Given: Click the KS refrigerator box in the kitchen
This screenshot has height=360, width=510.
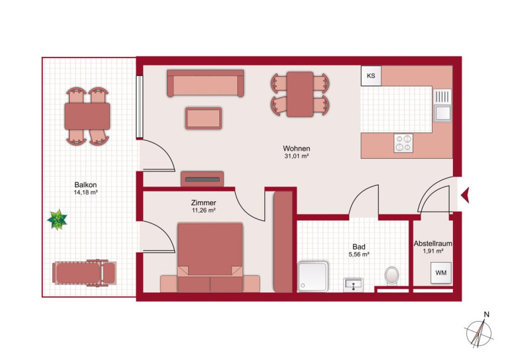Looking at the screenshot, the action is point(371,75).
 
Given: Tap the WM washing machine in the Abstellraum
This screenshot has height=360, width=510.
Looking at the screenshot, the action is point(440,273).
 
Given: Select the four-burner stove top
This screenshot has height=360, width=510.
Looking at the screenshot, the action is point(403,144).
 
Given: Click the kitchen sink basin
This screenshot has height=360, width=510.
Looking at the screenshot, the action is point(442,113).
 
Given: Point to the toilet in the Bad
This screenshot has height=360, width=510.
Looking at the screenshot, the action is point(391,275).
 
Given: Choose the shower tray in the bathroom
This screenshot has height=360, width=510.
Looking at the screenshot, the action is point(313,277).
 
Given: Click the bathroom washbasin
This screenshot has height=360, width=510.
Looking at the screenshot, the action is point(353,285).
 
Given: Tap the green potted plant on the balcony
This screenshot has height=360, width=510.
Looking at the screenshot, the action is point(57,220).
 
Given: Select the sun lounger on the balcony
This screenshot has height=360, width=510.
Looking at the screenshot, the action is point(84,273).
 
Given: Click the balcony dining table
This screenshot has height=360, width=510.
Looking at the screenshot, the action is point(87,116).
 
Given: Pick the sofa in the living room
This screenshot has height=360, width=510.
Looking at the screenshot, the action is point(205,83).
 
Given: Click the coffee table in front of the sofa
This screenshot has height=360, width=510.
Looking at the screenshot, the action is point(203,118).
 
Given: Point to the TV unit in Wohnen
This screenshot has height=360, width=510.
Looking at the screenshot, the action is point(202,179).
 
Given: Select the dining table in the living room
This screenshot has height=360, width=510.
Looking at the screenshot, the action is point(299,94).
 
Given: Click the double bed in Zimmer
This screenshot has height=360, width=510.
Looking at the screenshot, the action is point(210,257).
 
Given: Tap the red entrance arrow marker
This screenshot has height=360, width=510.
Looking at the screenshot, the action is point(465,195).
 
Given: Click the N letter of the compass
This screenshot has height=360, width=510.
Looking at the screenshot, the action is point(487,314).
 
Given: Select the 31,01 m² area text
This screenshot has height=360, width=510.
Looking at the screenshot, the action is point(296,156).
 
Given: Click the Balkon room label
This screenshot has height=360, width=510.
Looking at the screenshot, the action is point(85,185).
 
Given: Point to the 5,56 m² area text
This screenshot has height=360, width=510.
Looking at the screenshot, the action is point(359,255).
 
